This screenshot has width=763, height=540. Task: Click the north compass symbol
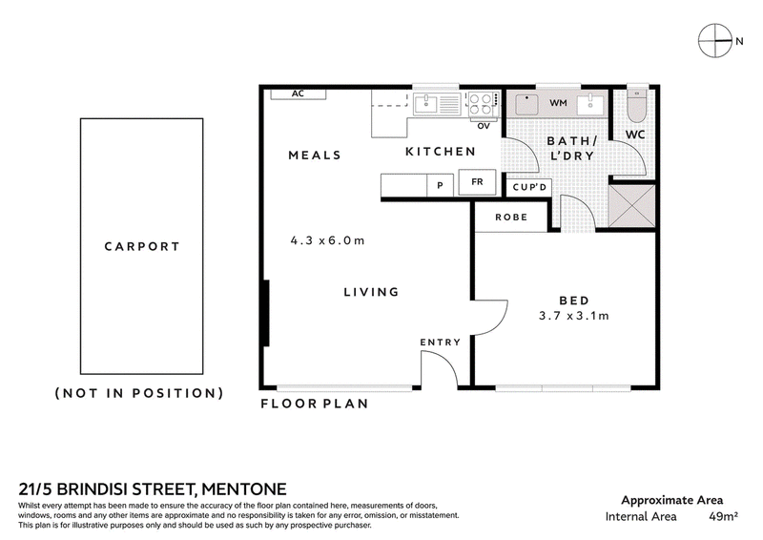(x=715, y=40)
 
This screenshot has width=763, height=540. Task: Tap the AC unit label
(x=298, y=93)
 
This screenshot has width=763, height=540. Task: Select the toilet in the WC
(x=635, y=105)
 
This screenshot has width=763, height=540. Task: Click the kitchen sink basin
(x=425, y=104)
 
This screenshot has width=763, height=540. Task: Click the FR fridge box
(x=477, y=182)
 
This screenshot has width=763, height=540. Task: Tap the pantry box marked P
(x=440, y=185)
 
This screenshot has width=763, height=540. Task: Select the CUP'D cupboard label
(x=529, y=187)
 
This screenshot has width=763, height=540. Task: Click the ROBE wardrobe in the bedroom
(x=511, y=218)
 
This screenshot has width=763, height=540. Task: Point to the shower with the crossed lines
(x=631, y=205)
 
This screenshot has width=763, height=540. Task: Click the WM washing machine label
(x=558, y=103)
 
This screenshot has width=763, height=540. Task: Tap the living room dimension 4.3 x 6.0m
(x=327, y=240)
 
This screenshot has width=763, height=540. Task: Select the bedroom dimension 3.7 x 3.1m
(x=574, y=316)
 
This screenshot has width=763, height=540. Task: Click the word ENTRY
(x=441, y=343)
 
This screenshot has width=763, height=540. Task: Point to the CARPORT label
(x=142, y=246)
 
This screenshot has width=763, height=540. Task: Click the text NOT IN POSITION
(x=139, y=393)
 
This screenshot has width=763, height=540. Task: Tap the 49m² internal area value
(x=724, y=516)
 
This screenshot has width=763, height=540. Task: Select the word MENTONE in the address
(x=244, y=488)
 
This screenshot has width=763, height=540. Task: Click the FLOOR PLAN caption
(x=315, y=404)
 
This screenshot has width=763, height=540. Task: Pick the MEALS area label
(x=315, y=156)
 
